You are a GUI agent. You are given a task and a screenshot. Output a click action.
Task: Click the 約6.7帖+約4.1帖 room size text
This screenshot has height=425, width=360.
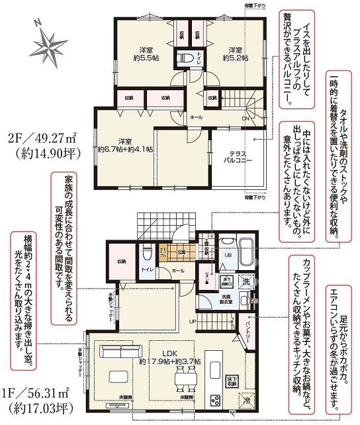coord(126,150)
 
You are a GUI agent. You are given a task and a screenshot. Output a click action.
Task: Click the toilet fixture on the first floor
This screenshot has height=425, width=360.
coord(148,252)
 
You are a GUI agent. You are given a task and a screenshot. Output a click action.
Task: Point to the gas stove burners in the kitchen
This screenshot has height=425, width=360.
coord(214,399)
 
